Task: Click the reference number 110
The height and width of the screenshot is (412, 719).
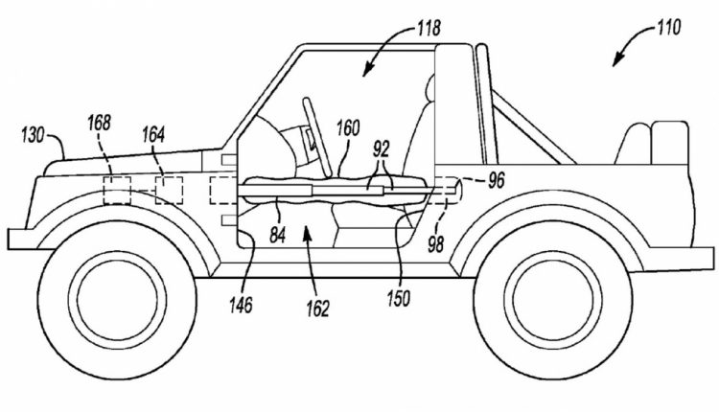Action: (x=668, y=28)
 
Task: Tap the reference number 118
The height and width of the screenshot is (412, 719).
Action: (x=429, y=29)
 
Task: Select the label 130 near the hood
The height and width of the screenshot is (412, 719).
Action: (x=33, y=136)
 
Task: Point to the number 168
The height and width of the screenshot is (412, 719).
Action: (x=99, y=123)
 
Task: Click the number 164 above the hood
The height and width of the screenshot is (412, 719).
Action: (x=153, y=135)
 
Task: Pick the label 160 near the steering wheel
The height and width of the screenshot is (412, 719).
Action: (x=348, y=128)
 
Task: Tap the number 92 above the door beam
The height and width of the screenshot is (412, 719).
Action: (x=381, y=149)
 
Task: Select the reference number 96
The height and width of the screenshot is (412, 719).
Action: (x=496, y=180)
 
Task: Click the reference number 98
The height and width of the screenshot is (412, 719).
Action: (x=435, y=244)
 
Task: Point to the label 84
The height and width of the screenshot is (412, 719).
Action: (x=277, y=236)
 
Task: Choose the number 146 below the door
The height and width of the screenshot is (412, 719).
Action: (x=241, y=305)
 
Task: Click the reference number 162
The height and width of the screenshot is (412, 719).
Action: (x=317, y=309)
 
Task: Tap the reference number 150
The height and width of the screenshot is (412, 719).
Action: (x=398, y=298)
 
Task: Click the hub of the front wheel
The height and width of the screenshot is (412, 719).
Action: (x=116, y=299)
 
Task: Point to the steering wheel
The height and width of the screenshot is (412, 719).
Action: (x=316, y=137)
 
